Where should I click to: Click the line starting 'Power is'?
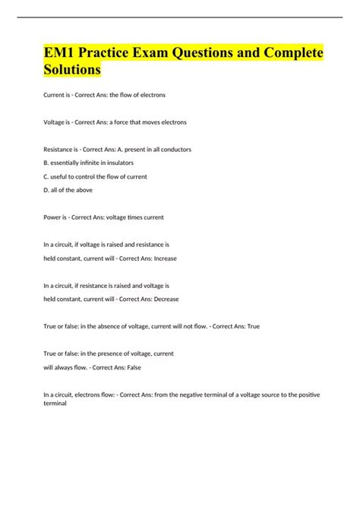pos(104,217)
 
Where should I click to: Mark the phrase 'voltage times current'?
pos(134,217)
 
